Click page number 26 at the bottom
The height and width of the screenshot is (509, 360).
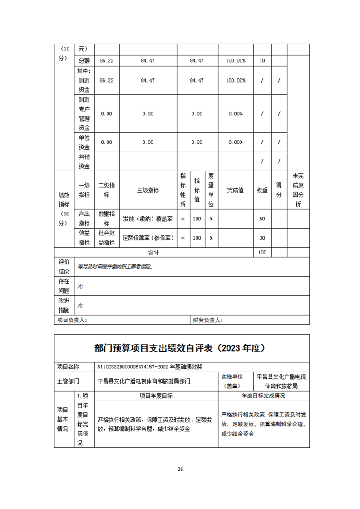pyautogui.click(x=180, y=469)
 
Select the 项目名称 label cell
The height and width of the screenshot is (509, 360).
pyautogui.click(x=68, y=367)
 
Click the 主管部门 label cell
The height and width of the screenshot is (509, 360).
pyautogui.click(x=68, y=381)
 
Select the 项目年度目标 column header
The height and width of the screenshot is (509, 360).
pyautogui.click(x=156, y=396)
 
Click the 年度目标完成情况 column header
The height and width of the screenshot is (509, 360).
pyautogui.click(x=263, y=396)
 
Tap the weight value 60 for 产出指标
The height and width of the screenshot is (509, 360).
pyautogui.click(x=262, y=219)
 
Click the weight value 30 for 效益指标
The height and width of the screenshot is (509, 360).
pyautogui.click(x=262, y=238)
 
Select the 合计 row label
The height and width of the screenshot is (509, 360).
pyautogui.click(x=154, y=252)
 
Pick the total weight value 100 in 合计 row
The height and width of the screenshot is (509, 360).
pyautogui.click(x=262, y=252)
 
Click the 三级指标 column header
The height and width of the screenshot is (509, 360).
pyautogui.click(x=148, y=191)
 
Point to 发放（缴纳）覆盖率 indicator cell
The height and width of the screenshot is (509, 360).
pyautogui.click(x=148, y=219)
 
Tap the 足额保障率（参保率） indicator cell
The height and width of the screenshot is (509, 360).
pyautogui.click(x=148, y=238)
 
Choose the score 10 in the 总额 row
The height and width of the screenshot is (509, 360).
pyautogui.click(x=262, y=60)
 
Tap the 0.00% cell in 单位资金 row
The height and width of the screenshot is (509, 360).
pyautogui.click(x=235, y=142)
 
